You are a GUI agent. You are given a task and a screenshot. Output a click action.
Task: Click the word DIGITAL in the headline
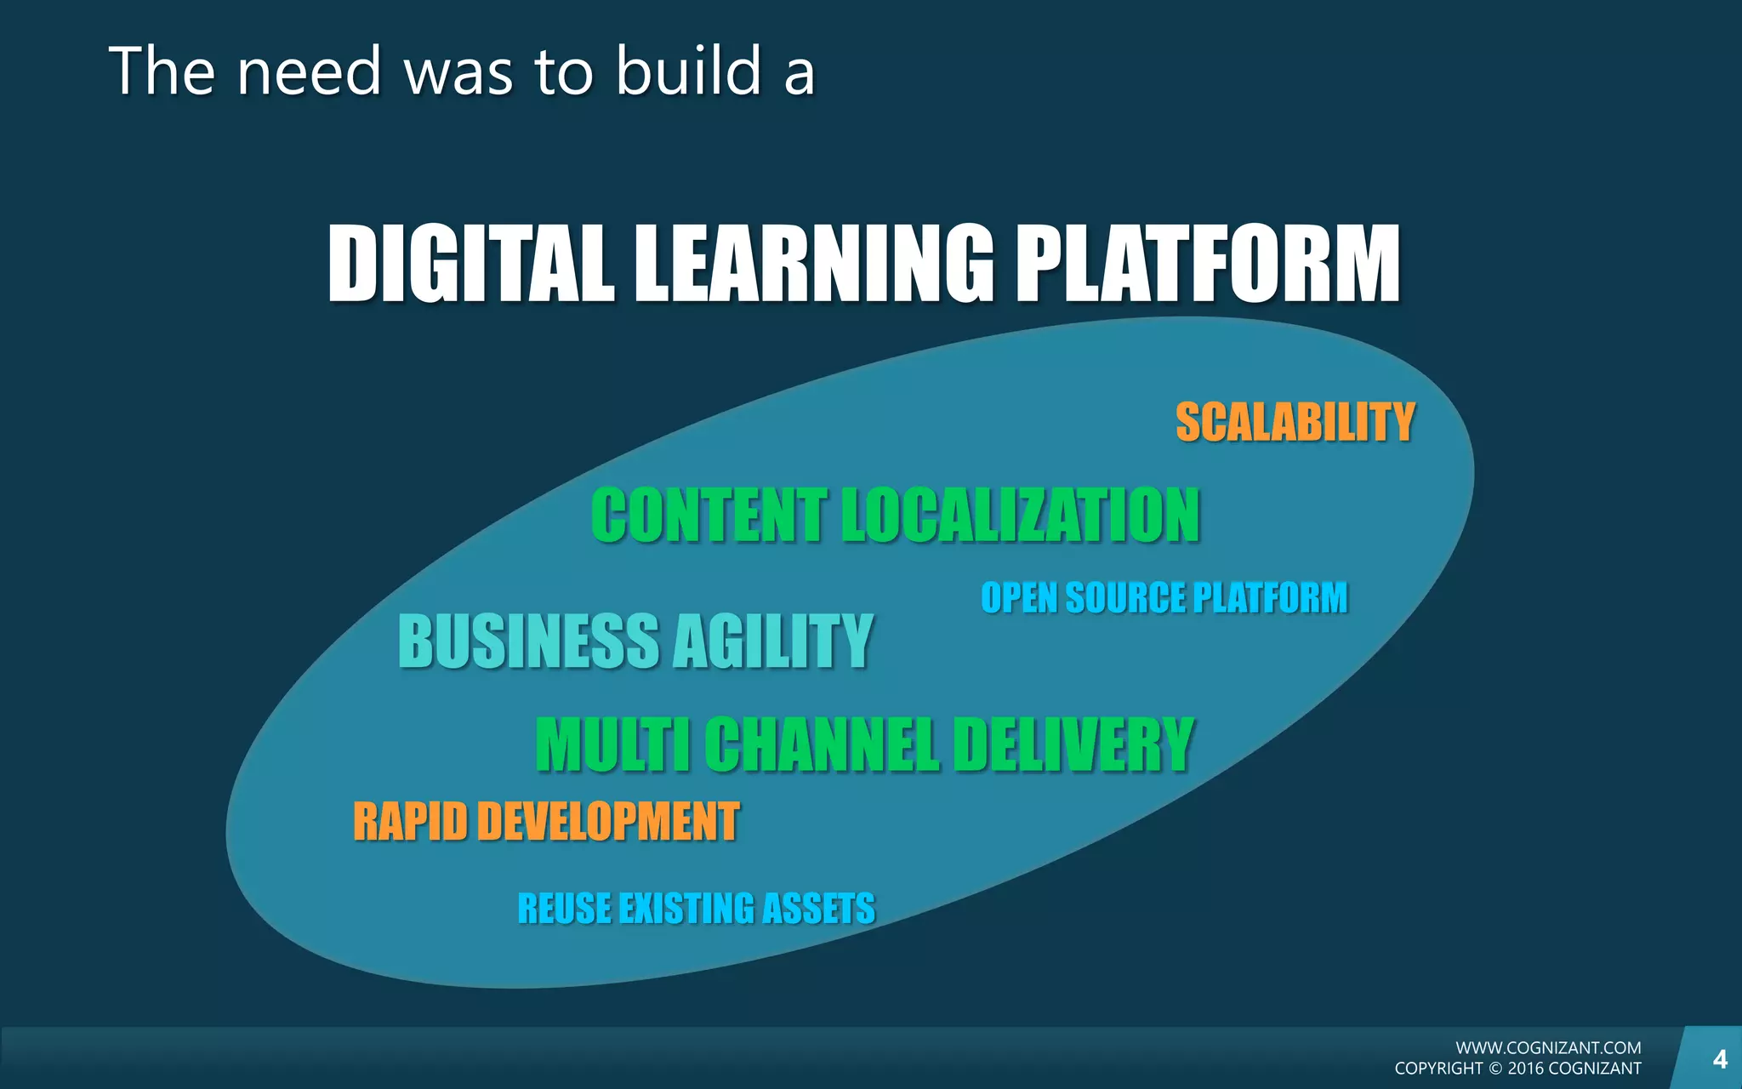click(470, 264)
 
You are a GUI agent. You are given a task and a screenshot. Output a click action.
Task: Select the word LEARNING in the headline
click(814, 264)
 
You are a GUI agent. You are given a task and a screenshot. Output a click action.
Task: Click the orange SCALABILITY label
click(1295, 423)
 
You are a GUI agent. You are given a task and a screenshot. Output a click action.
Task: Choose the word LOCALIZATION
click(1021, 516)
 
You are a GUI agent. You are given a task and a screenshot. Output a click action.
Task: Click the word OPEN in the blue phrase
click(1018, 597)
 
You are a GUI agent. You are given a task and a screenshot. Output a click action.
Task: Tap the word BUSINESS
click(529, 641)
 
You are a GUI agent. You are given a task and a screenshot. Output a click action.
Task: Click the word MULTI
click(612, 744)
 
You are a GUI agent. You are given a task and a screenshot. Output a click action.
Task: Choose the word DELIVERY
click(1073, 744)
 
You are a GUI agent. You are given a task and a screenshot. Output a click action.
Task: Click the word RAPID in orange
click(410, 822)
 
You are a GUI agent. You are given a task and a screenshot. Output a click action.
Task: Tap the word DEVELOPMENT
click(608, 822)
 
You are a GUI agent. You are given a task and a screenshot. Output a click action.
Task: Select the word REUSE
click(563, 909)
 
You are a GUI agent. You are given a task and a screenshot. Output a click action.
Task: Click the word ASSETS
click(818, 909)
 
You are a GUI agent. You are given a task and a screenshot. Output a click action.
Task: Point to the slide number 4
click(1720, 1059)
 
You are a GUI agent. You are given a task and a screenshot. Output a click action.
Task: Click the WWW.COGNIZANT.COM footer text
click(1548, 1048)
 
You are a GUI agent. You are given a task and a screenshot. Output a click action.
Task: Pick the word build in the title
click(687, 71)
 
